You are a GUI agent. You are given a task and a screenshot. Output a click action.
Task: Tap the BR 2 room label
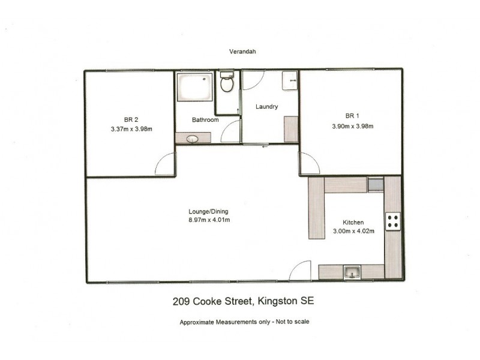122,118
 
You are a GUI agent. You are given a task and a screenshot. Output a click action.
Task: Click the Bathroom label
205,120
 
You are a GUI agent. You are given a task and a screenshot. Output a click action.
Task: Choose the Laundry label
266,107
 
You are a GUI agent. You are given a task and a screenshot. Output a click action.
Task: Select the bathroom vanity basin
192,139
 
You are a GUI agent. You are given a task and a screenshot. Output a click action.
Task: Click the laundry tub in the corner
289,80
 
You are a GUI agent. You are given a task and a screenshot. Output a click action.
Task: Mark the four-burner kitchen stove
394,221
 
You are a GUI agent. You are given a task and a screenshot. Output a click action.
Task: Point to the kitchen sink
352,273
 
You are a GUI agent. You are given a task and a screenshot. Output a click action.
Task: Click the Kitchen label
353,221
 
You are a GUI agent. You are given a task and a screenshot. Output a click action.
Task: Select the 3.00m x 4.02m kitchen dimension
353,232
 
